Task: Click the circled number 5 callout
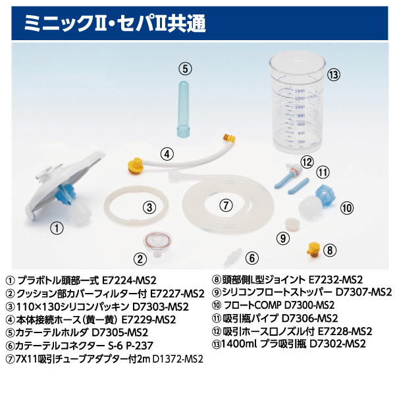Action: (x=186, y=68)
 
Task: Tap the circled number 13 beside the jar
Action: (x=334, y=74)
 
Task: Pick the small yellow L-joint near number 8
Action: (x=313, y=250)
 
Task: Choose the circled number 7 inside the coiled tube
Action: (x=225, y=205)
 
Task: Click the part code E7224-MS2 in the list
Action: (x=129, y=280)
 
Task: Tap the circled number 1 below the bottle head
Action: (x=58, y=228)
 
